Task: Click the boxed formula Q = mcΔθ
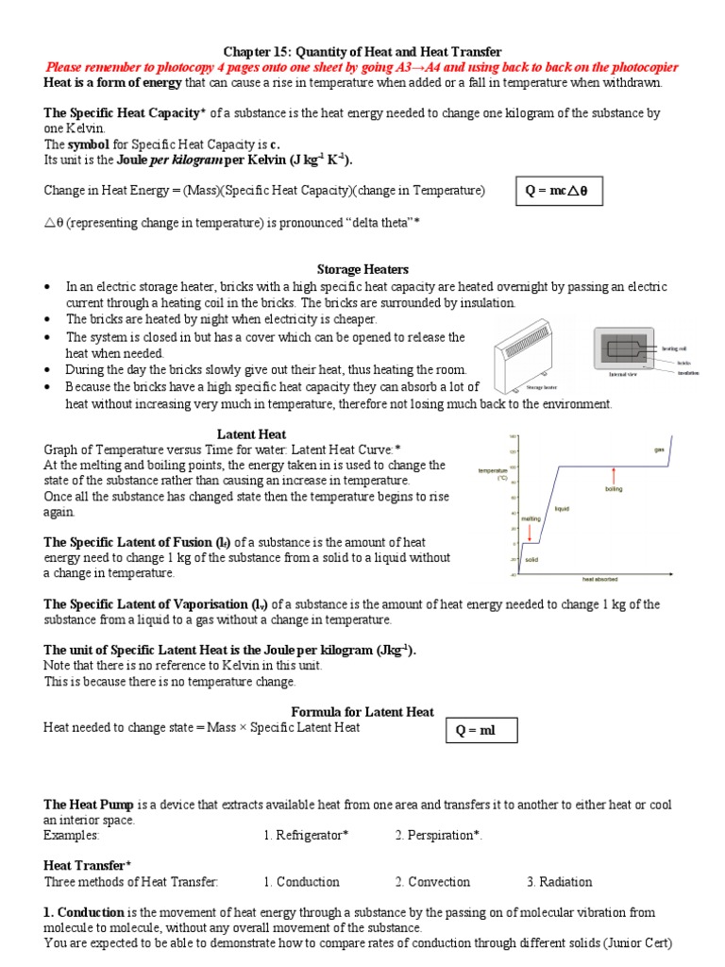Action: pos(556,191)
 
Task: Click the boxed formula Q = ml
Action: pos(481,730)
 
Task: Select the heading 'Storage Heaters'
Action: pos(362,269)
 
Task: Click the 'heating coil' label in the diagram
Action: pos(675,348)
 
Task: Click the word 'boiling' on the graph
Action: pos(615,488)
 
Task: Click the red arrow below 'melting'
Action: pos(530,531)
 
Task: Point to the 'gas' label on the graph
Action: pos(660,450)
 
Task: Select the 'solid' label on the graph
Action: pos(531,559)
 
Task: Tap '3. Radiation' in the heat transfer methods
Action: pos(560,882)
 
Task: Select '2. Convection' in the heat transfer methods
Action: pos(432,882)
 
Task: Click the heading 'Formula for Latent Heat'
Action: pos(362,711)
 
